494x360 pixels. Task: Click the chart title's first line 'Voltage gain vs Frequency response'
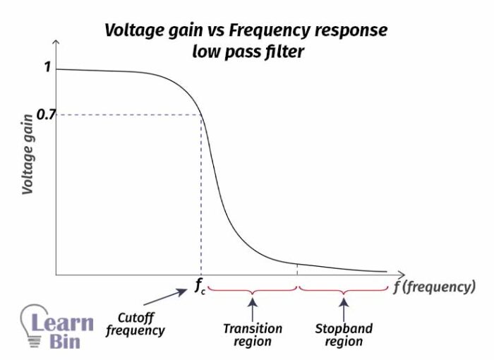[246, 31]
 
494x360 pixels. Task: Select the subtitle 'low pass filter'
[246, 52]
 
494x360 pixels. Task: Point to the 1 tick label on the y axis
[47, 68]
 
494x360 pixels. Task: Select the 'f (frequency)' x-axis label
[434, 287]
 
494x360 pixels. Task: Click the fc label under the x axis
[200, 288]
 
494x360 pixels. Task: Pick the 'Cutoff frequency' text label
[135, 324]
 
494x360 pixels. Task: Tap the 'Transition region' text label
[252, 335]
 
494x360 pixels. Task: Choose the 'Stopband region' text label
[344, 335]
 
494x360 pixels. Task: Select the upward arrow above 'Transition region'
[252, 309]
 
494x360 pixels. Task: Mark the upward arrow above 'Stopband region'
[344, 309]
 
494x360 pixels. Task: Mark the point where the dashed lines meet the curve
[202, 115]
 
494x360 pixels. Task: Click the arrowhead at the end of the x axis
[402, 274]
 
